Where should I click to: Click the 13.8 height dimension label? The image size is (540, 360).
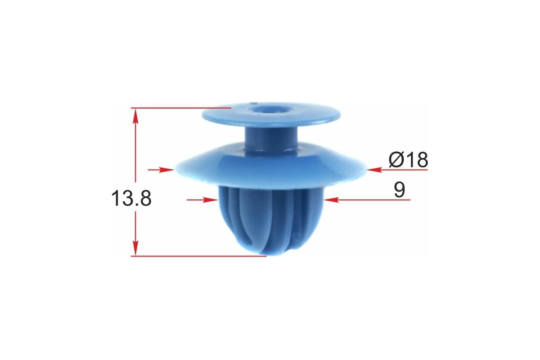click(131, 198)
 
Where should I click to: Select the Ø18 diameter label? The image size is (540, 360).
click(408, 160)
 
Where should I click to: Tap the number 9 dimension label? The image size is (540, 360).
click(399, 190)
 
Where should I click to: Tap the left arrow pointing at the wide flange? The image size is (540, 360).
click(161, 170)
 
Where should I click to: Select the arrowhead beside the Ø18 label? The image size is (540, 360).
click(374, 170)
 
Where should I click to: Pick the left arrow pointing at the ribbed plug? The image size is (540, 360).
click(202, 200)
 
